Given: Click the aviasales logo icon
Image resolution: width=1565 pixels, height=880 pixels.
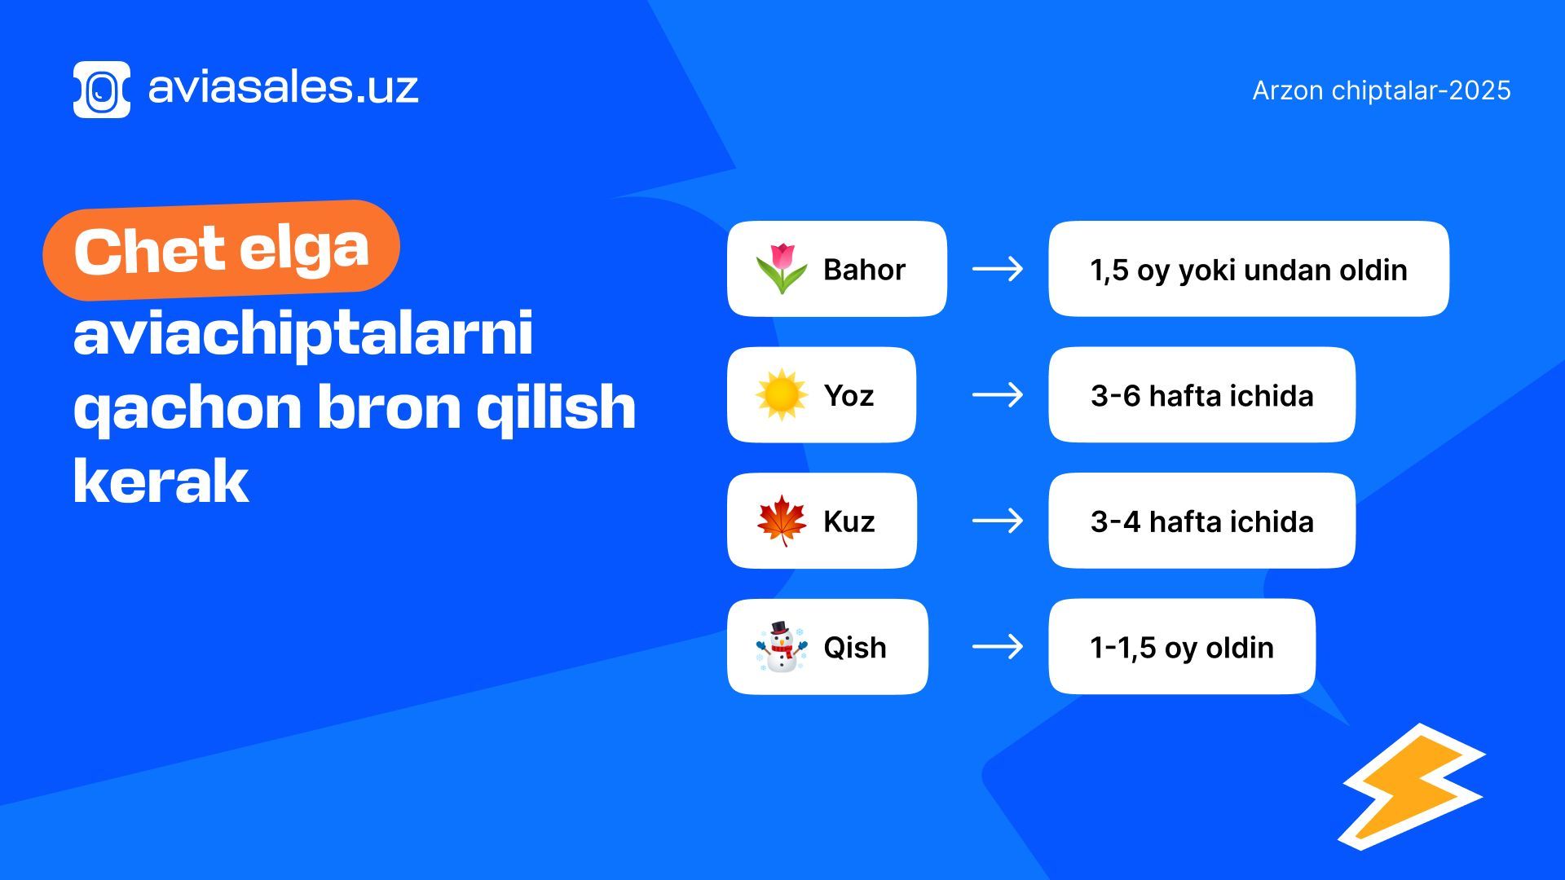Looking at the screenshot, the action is click(x=102, y=90).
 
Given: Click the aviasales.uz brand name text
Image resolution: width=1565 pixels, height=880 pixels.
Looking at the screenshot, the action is click(x=283, y=87).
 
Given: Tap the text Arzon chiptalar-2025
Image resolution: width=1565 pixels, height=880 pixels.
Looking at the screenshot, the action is click(x=1382, y=90).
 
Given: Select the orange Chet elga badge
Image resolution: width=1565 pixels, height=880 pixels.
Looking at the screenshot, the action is click(x=221, y=249).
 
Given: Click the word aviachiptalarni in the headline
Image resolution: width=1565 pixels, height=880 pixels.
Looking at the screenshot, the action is click(x=303, y=334).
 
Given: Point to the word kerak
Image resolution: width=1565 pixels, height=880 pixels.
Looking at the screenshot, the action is click(x=161, y=482).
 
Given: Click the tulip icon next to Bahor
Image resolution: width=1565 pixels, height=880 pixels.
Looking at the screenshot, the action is click(x=781, y=268).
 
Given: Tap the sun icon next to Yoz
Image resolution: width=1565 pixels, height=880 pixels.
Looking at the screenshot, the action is click(x=781, y=394).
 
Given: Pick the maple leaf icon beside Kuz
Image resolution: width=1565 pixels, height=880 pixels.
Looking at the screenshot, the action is click(x=781, y=521).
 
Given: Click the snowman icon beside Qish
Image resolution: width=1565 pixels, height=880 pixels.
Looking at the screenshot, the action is click(x=781, y=647).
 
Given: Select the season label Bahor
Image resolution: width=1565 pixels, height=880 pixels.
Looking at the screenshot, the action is click(x=864, y=270).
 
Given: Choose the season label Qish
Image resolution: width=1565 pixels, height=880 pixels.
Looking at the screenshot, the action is click(x=855, y=648).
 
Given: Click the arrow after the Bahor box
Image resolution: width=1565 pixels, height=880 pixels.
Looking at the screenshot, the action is click(x=998, y=269).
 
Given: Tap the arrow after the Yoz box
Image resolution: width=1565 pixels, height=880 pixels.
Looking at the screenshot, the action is click(x=998, y=395).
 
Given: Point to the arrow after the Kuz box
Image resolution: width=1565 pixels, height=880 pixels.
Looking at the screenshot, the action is click(x=998, y=521).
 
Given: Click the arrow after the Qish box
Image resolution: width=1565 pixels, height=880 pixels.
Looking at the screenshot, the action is click(x=998, y=647).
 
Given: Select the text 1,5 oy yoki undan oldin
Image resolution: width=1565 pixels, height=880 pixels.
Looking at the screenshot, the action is click(x=1249, y=271).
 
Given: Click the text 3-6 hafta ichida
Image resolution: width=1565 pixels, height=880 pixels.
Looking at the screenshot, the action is click(x=1202, y=396).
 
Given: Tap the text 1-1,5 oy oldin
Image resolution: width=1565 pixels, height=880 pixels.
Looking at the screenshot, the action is click(x=1182, y=648).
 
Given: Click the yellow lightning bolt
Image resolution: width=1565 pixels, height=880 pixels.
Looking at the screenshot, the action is click(x=1412, y=787).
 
